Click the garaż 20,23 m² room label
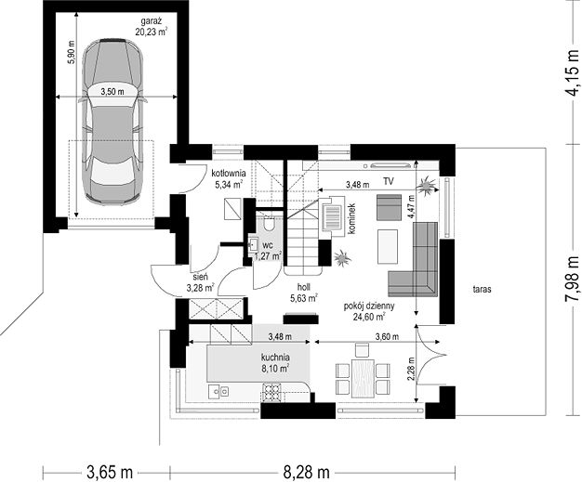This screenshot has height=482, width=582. pos(151,27)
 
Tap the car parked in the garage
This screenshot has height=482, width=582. pos(112,122)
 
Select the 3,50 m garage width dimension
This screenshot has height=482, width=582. pos(112,92)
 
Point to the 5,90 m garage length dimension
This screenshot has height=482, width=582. pos(71,52)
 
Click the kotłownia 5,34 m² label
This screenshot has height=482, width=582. pos(229,178)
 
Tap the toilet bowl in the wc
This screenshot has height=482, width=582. pos(269,224)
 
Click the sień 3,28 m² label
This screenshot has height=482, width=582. pos(201,282)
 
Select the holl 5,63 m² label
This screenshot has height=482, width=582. pos(304,293)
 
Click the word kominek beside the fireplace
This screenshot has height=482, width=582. pos(352,218)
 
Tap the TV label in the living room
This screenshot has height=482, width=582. pos(389,181)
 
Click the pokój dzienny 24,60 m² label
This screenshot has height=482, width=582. pos(369,311)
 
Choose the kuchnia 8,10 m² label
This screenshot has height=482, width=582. pos(275,363)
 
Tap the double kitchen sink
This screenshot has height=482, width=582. pos(218,392)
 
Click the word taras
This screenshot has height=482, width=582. pos(483,289)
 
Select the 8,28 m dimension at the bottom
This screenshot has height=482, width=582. pos(307,472)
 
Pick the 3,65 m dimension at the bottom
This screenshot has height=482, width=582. pos(110,472)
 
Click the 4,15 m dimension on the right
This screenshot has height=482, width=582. pos(572,72)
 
